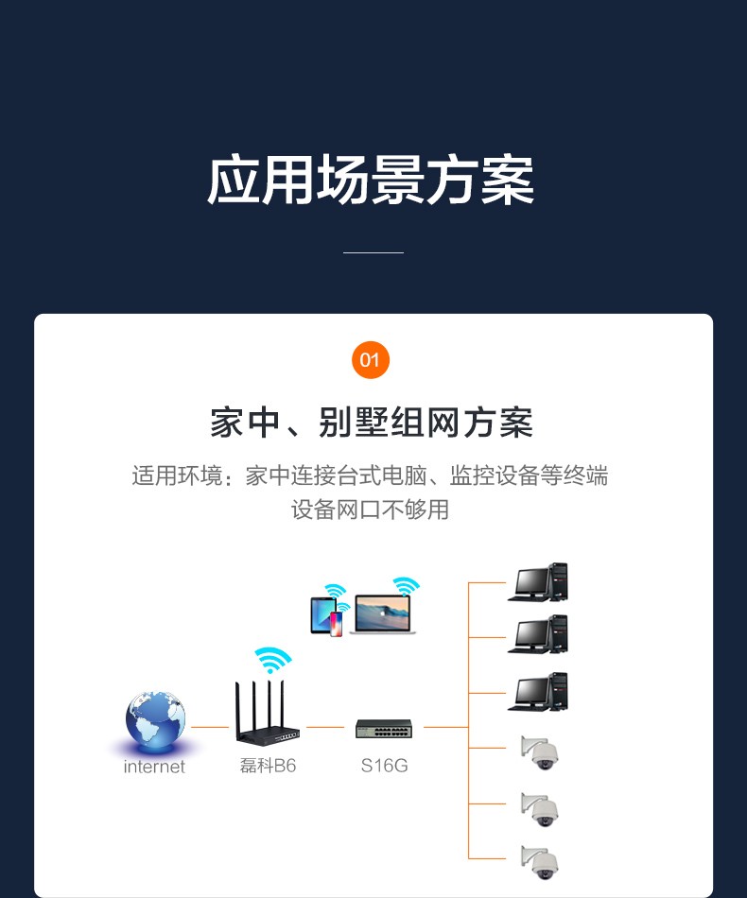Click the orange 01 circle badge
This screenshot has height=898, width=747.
[x=370, y=360]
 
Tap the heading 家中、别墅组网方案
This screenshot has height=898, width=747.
[x=372, y=423]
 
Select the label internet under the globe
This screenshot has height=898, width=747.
[x=154, y=767]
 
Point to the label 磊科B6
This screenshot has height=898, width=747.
[x=268, y=766]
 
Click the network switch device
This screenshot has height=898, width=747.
[x=384, y=729]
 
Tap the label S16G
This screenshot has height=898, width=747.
[x=384, y=766]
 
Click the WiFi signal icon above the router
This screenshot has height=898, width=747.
[x=272, y=659]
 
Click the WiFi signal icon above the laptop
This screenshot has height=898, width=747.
[x=407, y=586]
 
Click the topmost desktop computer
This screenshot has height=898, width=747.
[x=538, y=583]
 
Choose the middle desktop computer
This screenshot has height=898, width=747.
[x=538, y=634]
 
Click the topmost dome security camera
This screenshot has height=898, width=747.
[x=541, y=751]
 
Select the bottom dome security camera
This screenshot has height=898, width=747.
[x=541, y=860]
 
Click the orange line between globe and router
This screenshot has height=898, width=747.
[x=210, y=727]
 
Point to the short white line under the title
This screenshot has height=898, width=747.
[x=373, y=252]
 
